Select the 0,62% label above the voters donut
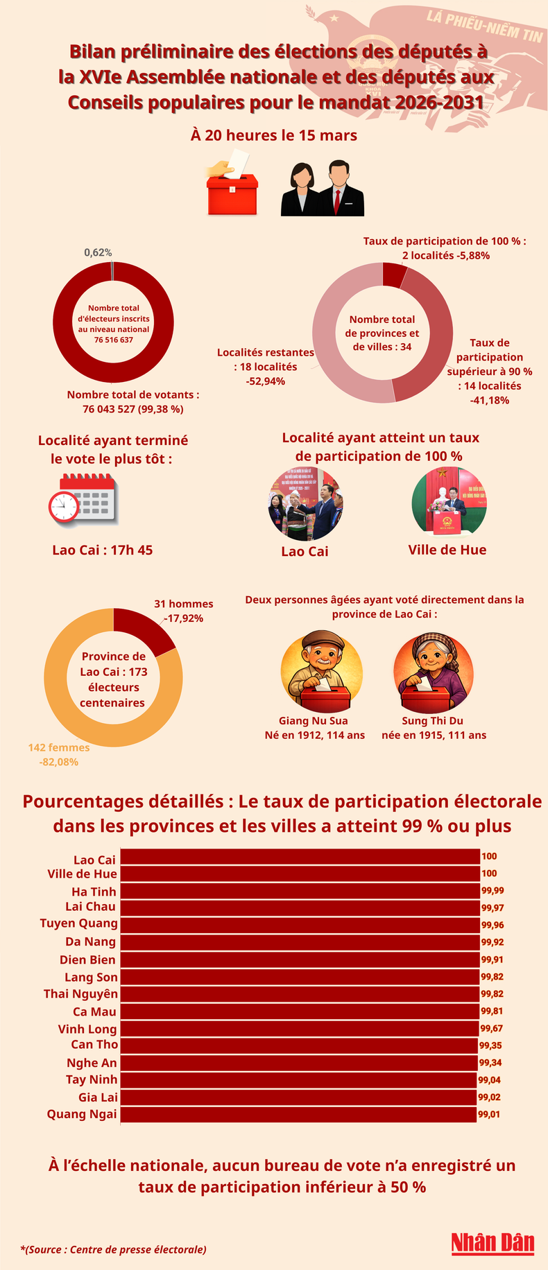(x=98, y=252)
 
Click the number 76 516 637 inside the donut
(x=113, y=340)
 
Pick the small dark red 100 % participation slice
(x=393, y=275)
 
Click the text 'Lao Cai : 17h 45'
(x=103, y=550)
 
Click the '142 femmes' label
(x=59, y=747)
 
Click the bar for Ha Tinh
(x=300, y=891)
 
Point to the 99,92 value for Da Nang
(x=493, y=942)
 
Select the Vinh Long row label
(x=87, y=1029)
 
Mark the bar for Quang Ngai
(x=298, y=1115)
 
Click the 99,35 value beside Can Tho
(x=490, y=1044)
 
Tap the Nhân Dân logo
(x=493, y=1242)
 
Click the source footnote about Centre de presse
(x=113, y=1249)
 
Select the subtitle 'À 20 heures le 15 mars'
(x=274, y=135)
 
